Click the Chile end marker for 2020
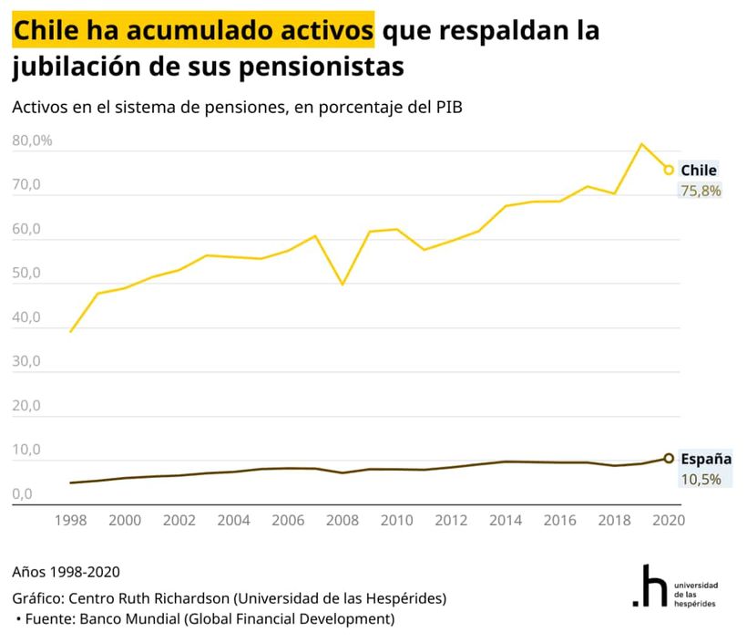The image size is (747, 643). coord(669,170)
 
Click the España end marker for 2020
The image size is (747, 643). coord(669,459)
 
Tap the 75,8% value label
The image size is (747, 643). coord(701,191)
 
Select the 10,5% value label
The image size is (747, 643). coord(701,479)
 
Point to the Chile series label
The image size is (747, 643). coord(699,171)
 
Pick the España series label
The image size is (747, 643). coord(706,459)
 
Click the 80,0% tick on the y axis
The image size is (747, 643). coord(33,141)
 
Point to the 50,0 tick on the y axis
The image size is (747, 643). coord(26,274)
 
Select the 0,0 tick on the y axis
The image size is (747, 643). coord(23,494)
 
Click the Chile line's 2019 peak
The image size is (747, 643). coord(641,144)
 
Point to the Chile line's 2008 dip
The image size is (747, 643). coord(343,285)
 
